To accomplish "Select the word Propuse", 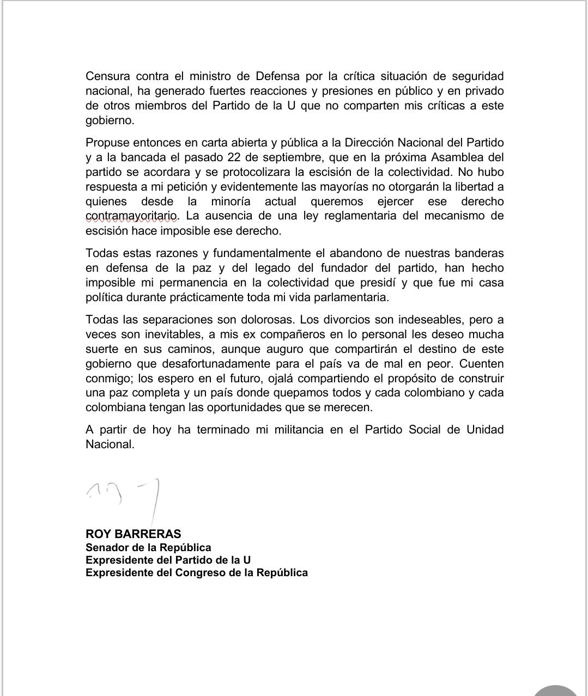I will (x=107, y=143).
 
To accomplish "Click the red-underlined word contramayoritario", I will (x=131, y=216).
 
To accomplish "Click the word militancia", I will (x=292, y=430).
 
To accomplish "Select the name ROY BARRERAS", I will (x=133, y=534).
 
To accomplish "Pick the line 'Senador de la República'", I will (x=148, y=547).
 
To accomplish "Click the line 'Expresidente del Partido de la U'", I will (x=168, y=560).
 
